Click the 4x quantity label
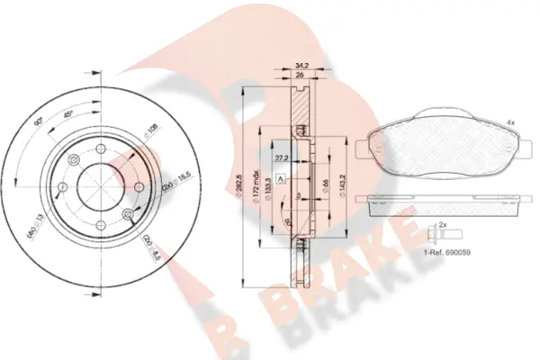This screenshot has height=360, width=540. [x=510, y=121]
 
